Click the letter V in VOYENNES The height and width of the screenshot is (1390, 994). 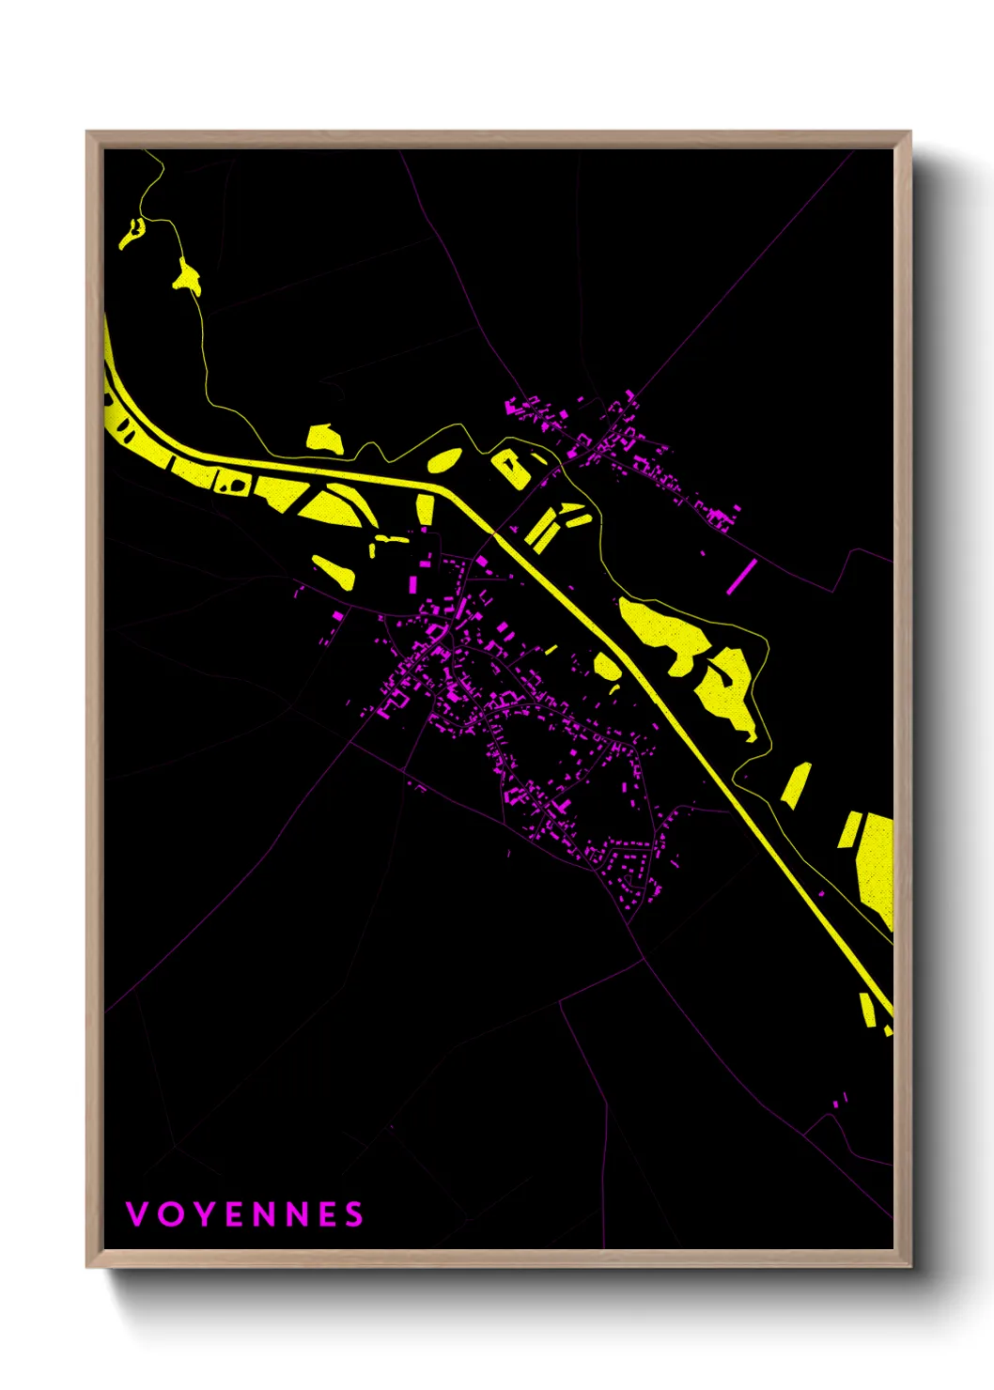coord(136,1214)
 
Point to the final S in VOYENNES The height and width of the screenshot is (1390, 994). coord(353,1214)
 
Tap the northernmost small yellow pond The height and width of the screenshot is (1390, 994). coord(131,233)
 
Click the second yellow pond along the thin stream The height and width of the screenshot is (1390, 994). coord(186,276)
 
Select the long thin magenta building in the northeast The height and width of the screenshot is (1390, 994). coord(740,577)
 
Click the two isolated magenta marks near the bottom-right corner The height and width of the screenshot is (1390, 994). coord(841,1098)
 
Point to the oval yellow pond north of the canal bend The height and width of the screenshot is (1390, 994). coord(444,460)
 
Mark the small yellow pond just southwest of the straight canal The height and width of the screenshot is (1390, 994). coord(606,666)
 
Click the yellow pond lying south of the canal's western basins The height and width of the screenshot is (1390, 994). coord(334,571)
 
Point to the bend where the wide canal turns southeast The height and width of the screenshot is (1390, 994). coord(449,489)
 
